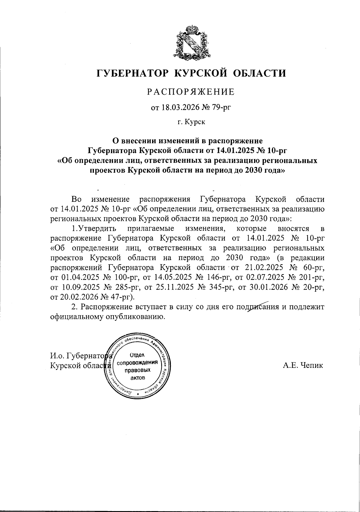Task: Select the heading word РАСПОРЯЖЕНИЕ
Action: (191, 92)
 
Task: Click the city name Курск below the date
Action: (195, 122)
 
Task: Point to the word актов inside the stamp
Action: (138, 377)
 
